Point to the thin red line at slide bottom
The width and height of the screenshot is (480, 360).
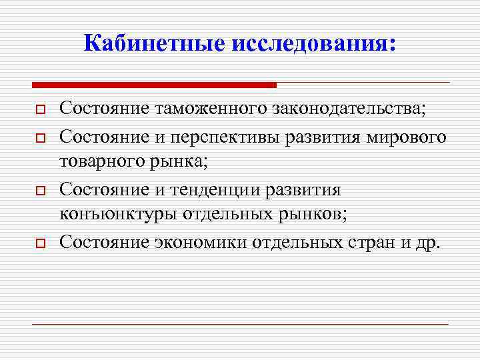tap(240, 324)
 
